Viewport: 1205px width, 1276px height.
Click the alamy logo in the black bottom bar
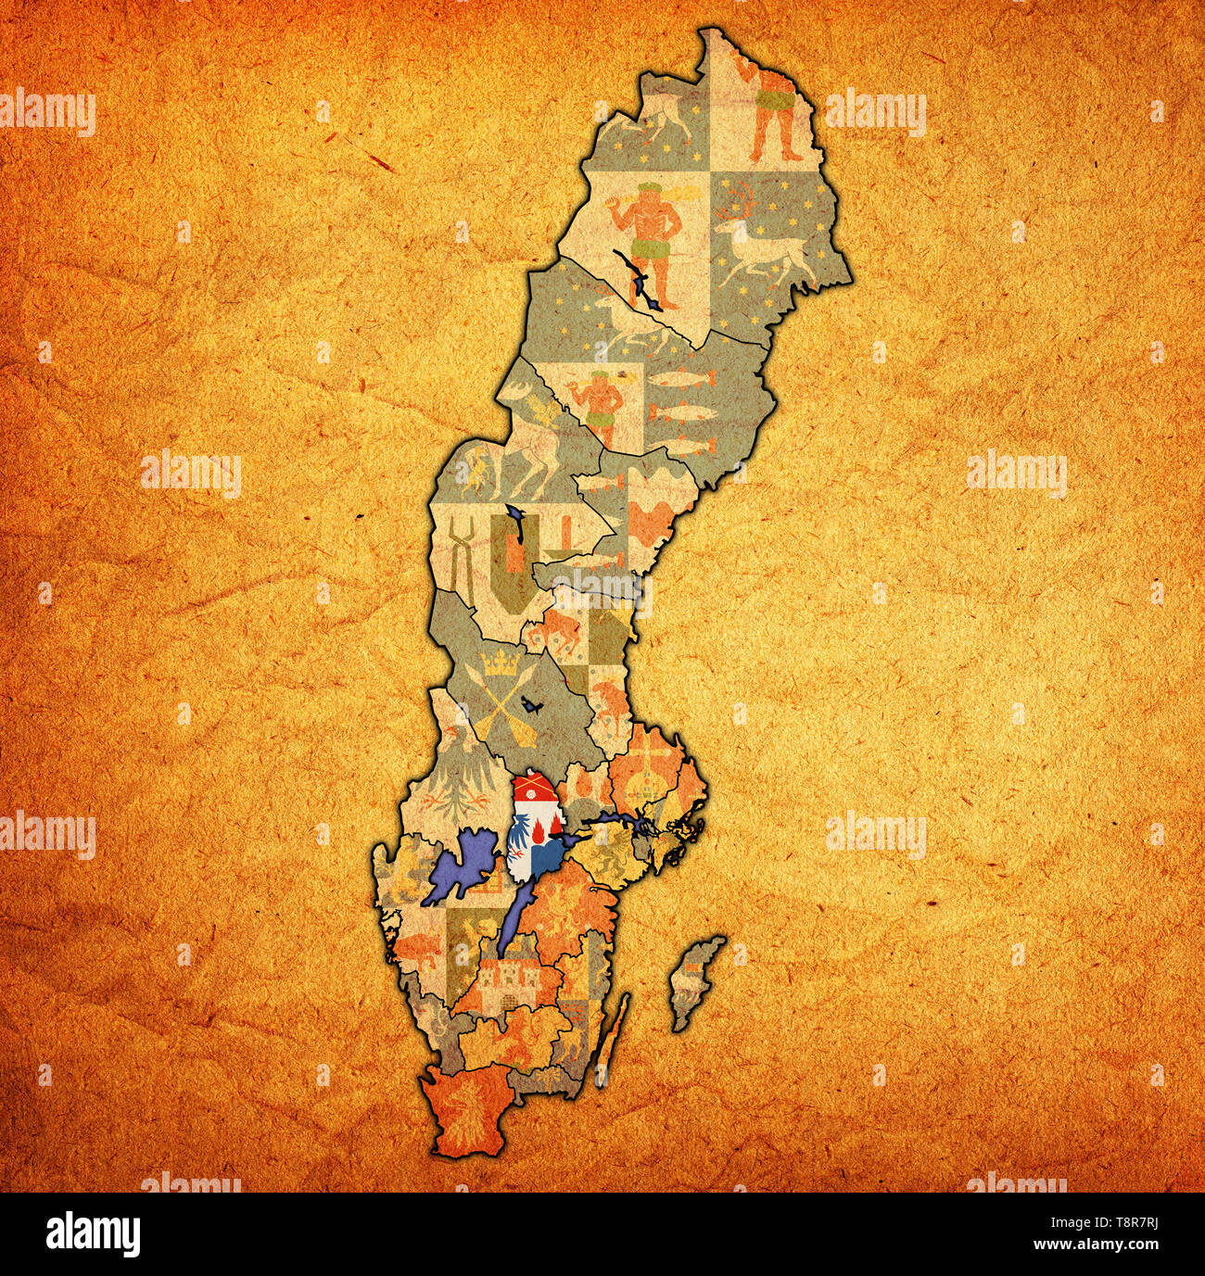click(93, 1234)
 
